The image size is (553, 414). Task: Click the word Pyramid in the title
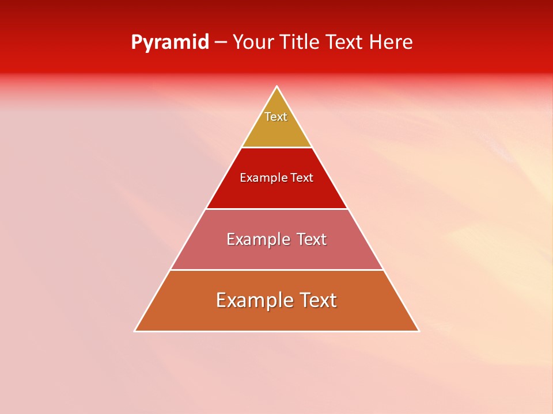tap(169, 43)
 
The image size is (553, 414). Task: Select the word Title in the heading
tap(299, 42)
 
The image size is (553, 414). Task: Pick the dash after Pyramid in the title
tap(220, 43)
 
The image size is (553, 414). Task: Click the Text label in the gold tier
tap(276, 117)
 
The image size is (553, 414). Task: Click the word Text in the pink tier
tap(312, 239)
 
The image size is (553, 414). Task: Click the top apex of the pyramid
tap(276, 87)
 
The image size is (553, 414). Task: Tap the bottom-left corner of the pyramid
tap(135, 331)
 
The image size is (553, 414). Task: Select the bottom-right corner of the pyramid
tap(418, 331)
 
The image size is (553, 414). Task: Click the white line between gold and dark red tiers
tap(276, 147)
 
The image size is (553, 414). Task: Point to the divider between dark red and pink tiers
tap(276, 209)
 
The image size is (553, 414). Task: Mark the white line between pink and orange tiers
tap(276, 270)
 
